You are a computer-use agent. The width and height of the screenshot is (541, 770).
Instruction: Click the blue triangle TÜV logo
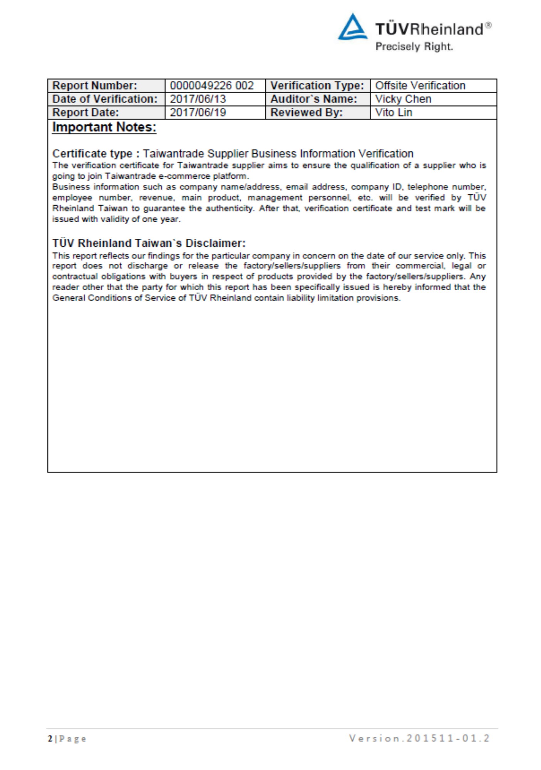(352, 28)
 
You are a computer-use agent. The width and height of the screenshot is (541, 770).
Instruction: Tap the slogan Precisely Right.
(414, 47)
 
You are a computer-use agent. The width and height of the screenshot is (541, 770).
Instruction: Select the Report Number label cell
(95, 85)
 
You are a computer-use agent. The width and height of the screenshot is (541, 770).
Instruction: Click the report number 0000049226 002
(212, 85)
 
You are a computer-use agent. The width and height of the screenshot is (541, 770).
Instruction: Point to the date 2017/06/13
(198, 99)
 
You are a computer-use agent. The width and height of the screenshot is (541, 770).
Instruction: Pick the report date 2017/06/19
(198, 112)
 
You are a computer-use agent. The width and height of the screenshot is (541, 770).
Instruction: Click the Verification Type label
(317, 85)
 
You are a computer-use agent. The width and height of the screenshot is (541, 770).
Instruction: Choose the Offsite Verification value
(420, 85)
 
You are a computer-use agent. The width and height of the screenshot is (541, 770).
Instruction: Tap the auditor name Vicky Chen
(403, 99)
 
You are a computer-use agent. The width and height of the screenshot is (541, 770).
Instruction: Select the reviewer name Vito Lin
(394, 112)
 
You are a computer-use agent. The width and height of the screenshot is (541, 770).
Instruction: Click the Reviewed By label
(307, 112)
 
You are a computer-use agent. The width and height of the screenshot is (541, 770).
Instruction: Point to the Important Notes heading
(104, 127)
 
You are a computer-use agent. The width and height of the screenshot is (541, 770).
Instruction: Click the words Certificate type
(92, 154)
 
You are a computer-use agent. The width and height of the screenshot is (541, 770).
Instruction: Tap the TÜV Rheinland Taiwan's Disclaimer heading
(149, 243)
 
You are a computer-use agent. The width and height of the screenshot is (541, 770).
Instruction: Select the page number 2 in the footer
(50, 739)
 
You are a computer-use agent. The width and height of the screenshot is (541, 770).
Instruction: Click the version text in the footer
(419, 738)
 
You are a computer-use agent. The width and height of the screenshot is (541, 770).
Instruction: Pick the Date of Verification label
(105, 99)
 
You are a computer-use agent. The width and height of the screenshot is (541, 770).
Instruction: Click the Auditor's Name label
(314, 99)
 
